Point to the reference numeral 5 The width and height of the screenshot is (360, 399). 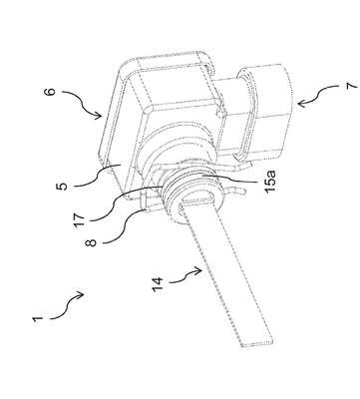click(62, 186)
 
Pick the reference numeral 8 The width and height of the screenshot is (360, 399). click(91, 241)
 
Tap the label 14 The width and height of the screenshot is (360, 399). click(158, 284)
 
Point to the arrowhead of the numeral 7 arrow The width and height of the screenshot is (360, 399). click(301, 104)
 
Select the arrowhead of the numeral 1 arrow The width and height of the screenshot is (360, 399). click(81, 294)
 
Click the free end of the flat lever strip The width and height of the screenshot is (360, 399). click(258, 344)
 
